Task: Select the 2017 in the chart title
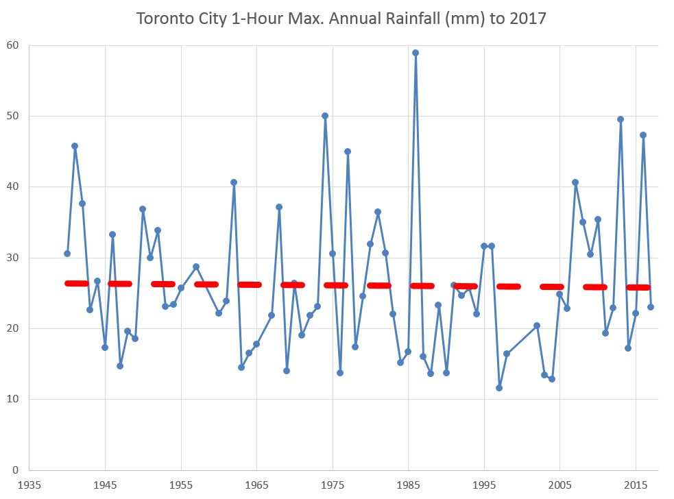click(527, 19)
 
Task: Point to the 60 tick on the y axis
click(13, 46)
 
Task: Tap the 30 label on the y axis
click(13, 258)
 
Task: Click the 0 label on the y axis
click(16, 470)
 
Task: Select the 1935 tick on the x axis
click(29, 485)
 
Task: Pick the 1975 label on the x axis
click(333, 485)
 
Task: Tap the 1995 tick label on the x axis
click(484, 485)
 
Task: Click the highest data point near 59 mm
click(416, 53)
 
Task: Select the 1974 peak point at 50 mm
click(325, 116)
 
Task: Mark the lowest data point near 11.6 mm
click(499, 388)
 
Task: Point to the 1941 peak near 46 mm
click(75, 146)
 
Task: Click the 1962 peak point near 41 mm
click(234, 182)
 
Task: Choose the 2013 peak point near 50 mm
click(621, 119)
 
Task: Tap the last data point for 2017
click(651, 307)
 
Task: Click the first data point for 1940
click(67, 254)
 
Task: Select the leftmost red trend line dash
click(76, 283)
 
